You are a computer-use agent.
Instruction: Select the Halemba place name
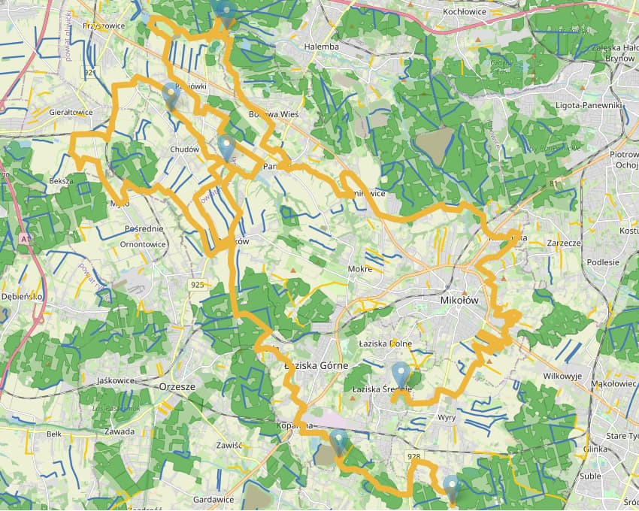pyautogui.click(x=322, y=47)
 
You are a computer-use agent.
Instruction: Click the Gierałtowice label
pyautogui.click(x=71, y=112)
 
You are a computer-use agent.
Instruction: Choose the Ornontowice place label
pyautogui.click(x=143, y=244)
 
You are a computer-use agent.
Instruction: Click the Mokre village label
pyautogui.click(x=360, y=268)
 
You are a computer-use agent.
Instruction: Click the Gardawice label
pyautogui.click(x=214, y=499)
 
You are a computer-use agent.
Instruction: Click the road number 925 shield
pyautogui.click(x=198, y=285)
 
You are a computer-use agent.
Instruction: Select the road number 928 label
pyautogui.click(x=413, y=456)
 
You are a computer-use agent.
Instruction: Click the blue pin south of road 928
pyautogui.click(x=451, y=485)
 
